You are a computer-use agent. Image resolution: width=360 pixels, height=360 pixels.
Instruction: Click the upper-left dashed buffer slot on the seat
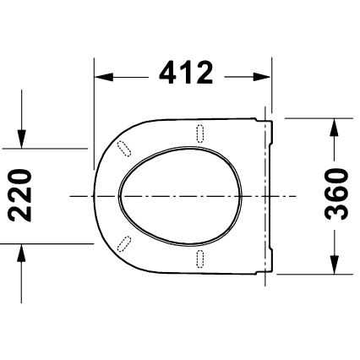(x=126, y=146)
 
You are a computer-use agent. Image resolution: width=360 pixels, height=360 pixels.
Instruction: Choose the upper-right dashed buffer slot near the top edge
(x=200, y=133)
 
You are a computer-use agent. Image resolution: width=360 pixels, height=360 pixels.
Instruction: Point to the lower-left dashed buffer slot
(x=126, y=244)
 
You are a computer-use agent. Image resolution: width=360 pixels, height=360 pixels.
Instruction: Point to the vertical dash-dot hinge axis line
(x=265, y=195)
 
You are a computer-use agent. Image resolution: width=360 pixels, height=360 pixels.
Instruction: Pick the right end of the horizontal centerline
(x=297, y=195)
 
